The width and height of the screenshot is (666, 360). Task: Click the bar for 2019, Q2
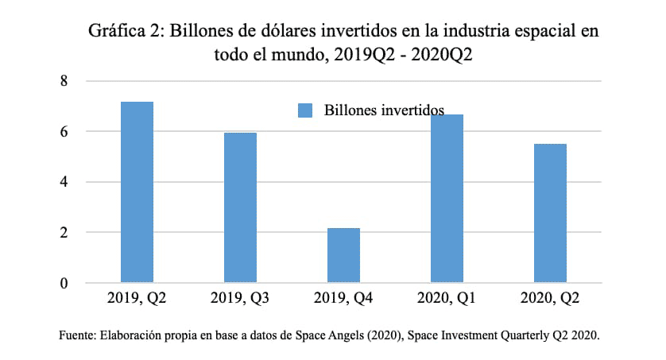[x=137, y=192]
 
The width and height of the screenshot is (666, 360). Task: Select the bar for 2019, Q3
[x=240, y=207]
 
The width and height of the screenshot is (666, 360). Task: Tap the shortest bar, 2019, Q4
[x=343, y=255]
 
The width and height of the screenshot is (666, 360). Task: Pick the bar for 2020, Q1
[x=447, y=199]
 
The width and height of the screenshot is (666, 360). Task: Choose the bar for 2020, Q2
[x=550, y=213]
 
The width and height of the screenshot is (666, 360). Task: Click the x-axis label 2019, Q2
[x=137, y=299]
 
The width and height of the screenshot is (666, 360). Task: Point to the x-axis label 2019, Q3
[x=240, y=299]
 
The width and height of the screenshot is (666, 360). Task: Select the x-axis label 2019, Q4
[x=343, y=299]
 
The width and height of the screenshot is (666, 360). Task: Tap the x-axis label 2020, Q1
[x=447, y=299]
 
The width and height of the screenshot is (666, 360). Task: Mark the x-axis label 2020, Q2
[x=550, y=299]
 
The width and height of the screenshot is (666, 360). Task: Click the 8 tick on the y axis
[x=65, y=81]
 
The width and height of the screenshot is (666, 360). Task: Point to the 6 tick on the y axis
[x=65, y=131]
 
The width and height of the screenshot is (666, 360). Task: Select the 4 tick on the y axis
[x=65, y=182]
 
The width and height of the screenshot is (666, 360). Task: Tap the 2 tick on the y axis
[x=65, y=233]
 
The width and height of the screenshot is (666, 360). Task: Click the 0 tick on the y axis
[x=65, y=283]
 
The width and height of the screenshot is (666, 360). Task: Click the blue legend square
[x=305, y=110]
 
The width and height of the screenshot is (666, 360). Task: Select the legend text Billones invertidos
[x=383, y=110]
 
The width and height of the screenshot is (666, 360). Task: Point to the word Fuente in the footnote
[x=76, y=335]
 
